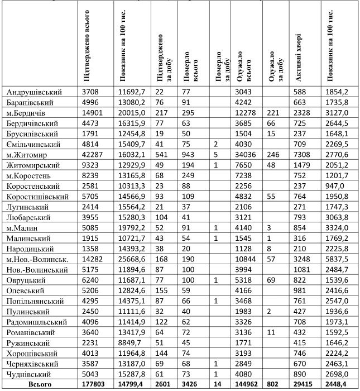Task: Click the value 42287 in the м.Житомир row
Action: point(93,154)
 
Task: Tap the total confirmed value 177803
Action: point(94,385)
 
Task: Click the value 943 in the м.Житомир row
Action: point(189,154)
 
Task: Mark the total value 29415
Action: point(305,385)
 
